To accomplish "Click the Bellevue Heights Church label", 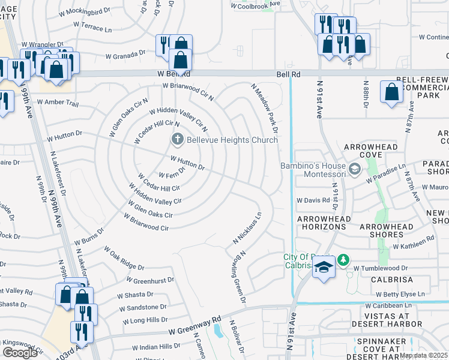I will pos(232,140).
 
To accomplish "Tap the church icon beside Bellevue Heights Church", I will pos(177,140).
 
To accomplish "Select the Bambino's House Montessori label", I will pos(313,170).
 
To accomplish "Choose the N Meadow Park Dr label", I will pos(265,109).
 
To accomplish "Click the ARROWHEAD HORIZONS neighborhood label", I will pos(322,223).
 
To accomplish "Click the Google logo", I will pos(20,353).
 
